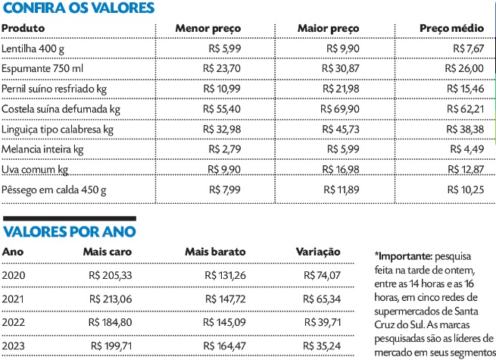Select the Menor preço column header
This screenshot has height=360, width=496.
(x=207, y=28)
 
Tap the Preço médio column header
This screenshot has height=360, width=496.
(x=452, y=28)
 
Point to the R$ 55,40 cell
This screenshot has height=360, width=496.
(x=223, y=108)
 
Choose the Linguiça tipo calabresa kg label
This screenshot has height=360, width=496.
(x=58, y=128)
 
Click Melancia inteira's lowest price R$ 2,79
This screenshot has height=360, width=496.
(x=226, y=148)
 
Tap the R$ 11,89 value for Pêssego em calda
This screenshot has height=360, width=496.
(x=348, y=189)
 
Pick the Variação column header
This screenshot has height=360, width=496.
(x=318, y=251)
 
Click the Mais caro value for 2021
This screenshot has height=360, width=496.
(x=111, y=299)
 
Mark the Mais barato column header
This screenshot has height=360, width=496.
(x=213, y=251)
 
